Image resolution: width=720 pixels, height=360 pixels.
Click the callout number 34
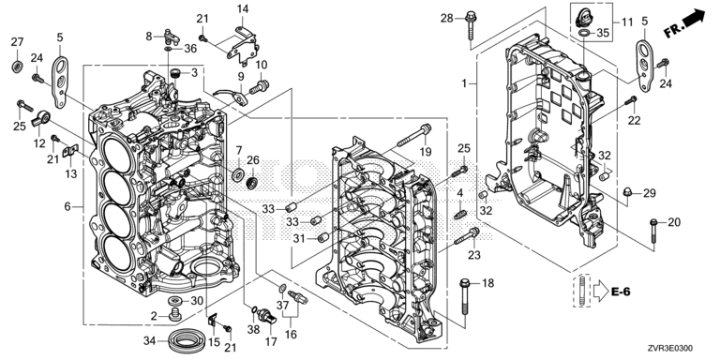(149, 340)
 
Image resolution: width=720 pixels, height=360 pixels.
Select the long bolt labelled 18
(465, 298)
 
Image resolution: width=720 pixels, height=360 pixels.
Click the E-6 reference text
(621, 291)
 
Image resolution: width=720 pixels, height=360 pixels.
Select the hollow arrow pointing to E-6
(600, 292)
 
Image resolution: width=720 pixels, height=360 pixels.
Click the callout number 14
(243, 8)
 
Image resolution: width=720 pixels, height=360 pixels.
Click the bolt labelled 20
(653, 231)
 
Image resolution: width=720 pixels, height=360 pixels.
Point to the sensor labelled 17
(266, 315)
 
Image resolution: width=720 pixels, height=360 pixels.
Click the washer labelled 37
(283, 289)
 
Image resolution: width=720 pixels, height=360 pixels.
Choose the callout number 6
(67, 206)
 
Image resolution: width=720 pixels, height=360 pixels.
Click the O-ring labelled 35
(584, 33)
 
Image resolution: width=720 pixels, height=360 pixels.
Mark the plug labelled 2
(174, 315)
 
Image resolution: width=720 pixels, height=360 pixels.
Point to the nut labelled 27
(18, 67)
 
